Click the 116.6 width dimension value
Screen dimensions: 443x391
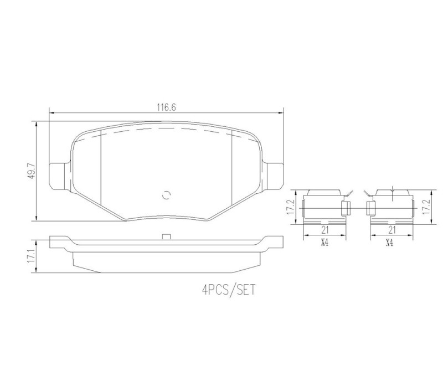click(167, 107)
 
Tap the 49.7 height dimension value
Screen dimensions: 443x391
click(32, 171)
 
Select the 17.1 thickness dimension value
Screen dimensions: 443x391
click(32, 256)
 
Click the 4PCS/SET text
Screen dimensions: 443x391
click(229, 290)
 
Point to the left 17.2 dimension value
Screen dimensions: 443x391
click(291, 207)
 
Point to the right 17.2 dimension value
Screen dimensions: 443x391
click(426, 207)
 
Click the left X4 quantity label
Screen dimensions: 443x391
click(324, 243)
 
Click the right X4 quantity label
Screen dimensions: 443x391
click(390, 243)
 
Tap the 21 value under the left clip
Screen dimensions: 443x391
click(325, 230)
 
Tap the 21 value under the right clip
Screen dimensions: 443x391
click(392, 230)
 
